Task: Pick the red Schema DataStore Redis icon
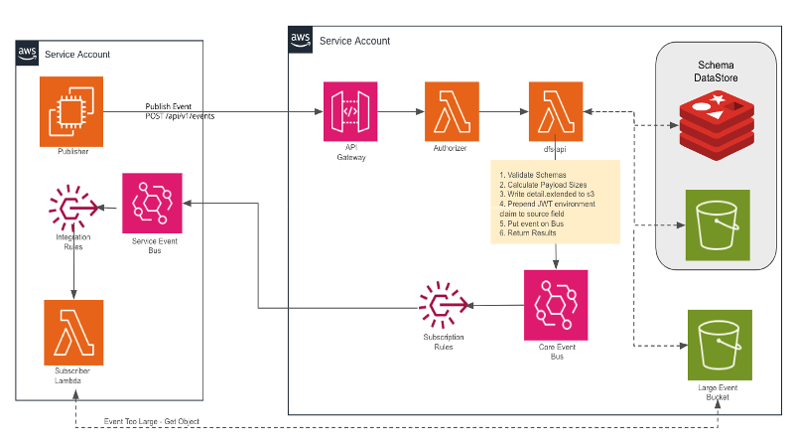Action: pyautogui.click(x=712, y=125)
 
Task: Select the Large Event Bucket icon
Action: pyautogui.click(x=720, y=342)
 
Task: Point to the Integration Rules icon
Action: pyautogui.click(x=73, y=207)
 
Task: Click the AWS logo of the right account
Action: pyautogui.click(x=300, y=40)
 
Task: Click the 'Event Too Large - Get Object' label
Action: pyautogui.click(x=152, y=421)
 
